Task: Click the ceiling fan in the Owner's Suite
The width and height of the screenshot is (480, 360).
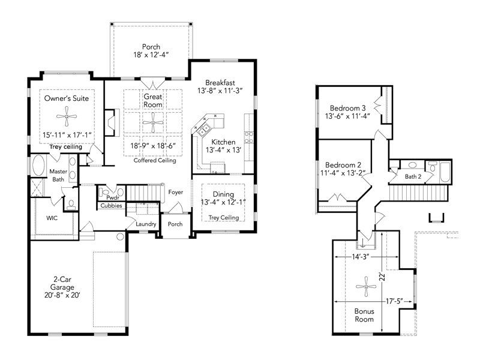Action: pyautogui.click(x=67, y=116)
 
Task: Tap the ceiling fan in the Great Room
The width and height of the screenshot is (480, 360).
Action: pyautogui.click(x=153, y=122)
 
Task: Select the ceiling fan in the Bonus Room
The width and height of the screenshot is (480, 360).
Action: pyautogui.click(x=366, y=287)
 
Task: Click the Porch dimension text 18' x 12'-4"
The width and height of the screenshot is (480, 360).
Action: pyautogui.click(x=151, y=55)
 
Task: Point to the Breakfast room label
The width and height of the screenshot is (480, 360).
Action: pyautogui.click(x=220, y=83)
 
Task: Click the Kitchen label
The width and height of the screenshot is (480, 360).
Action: pyautogui.click(x=223, y=142)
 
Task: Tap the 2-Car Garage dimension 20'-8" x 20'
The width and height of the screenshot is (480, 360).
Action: pyautogui.click(x=62, y=295)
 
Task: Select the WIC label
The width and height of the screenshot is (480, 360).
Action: pyautogui.click(x=52, y=218)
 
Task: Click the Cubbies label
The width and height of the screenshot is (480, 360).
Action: pyautogui.click(x=112, y=206)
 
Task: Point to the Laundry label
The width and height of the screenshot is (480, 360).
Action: pyautogui.click(x=146, y=224)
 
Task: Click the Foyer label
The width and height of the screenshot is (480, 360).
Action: pyautogui.click(x=175, y=192)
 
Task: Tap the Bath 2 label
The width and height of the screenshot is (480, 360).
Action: pyautogui.click(x=413, y=176)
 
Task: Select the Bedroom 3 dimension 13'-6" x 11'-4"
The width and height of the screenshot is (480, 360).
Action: pyautogui.click(x=348, y=116)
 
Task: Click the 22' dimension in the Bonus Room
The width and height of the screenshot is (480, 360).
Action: pyautogui.click(x=382, y=277)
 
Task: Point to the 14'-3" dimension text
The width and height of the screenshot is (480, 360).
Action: pyautogui.click(x=361, y=257)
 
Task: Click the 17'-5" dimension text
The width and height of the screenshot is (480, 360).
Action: pyautogui.click(x=394, y=302)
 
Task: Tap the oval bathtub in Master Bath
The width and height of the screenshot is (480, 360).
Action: pyautogui.click(x=38, y=166)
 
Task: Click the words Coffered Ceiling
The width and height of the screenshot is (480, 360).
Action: pyautogui.click(x=155, y=160)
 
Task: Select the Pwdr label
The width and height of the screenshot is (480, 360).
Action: pyautogui.click(x=113, y=198)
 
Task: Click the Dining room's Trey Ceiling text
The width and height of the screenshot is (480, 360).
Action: pyautogui.click(x=224, y=218)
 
